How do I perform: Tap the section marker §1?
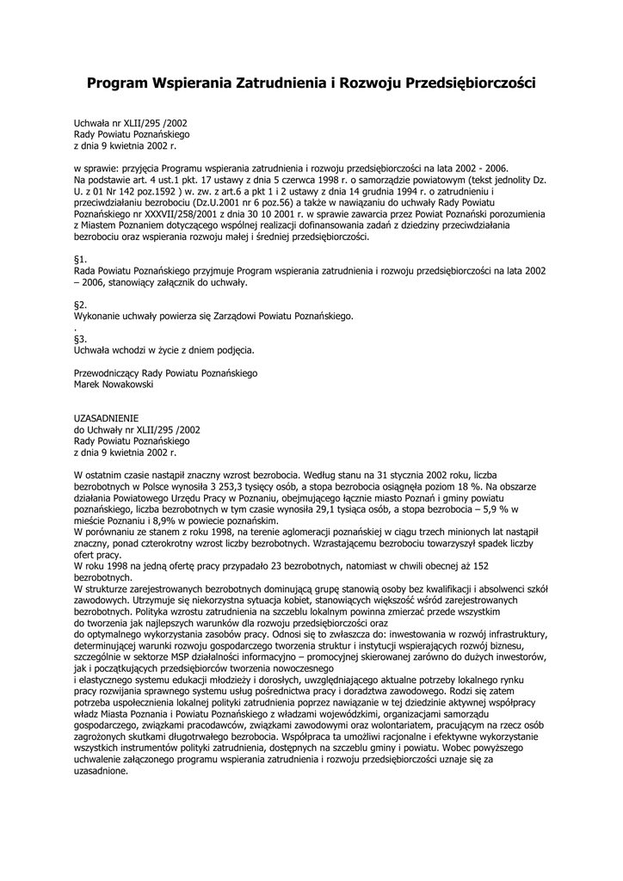tap(80, 258)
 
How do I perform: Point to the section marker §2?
tap(80, 305)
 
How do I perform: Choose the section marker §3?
tap(80, 338)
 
